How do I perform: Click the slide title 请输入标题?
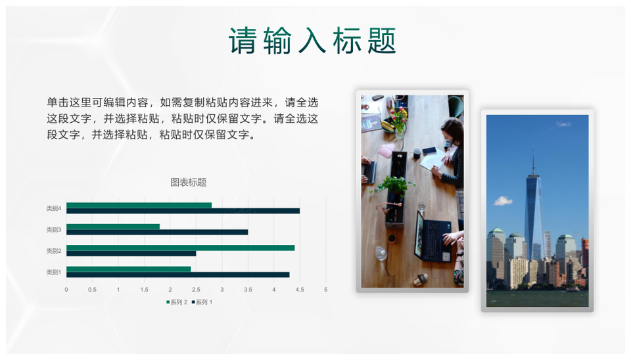[x=312, y=41]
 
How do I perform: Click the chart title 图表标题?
[x=189, y=182]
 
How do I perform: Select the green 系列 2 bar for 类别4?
[x=139, y=205]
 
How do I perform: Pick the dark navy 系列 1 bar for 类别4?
[x=183, y=211]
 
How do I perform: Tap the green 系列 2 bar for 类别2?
[x=180, y=248]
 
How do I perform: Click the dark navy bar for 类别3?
[x=157, y=232]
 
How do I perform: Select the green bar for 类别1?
[x=128, y=269]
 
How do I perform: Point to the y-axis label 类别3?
[x=53, y=230]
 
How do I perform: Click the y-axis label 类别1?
[x=53, y=273]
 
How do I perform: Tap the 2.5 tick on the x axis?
[x=196, y=290]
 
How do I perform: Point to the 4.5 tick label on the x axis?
[x=300, y=290]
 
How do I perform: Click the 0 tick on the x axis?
[x=66, y=290]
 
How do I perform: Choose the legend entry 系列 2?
[x=177, y=302]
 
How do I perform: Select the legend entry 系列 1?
[x=202, y=302]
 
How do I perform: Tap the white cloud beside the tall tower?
[x=503, y=200]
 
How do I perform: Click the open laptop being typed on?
[x=432, y=237]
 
